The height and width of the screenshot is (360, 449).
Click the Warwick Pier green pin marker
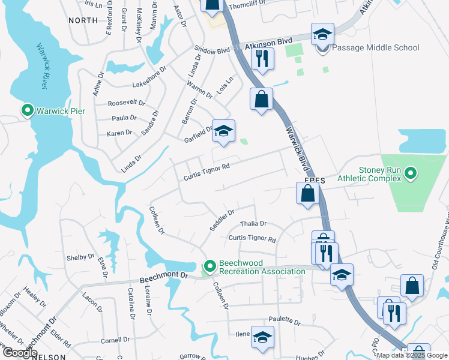coord(27,111)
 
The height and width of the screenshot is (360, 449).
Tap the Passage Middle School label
coord(376,47)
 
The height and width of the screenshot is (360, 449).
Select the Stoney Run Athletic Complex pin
coord(411,174)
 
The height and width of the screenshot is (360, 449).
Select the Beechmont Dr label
coord(164,278)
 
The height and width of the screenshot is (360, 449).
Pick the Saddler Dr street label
coord(222,220)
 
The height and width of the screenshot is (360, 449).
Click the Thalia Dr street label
coord(253,223)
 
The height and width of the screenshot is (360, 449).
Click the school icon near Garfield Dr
coord(223,132)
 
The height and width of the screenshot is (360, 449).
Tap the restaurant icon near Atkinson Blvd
coord(262,58)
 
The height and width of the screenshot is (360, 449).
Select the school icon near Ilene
coord(262,337)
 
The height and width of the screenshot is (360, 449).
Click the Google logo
coord(19,353)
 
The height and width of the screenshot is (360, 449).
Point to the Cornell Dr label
coord(115,340)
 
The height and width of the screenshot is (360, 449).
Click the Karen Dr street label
coord(119,133)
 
